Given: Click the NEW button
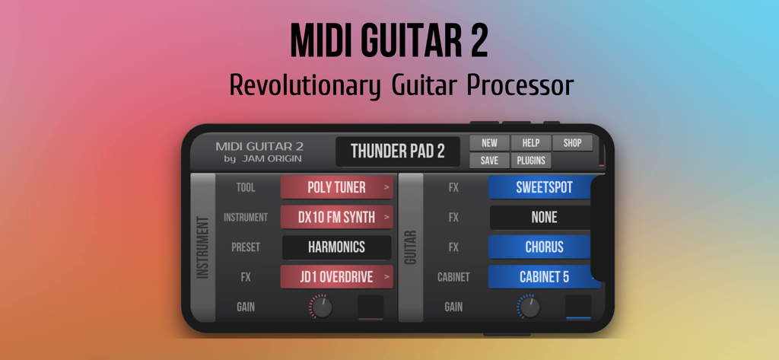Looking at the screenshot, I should click(489, 142).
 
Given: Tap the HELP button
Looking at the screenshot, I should click(530, 142).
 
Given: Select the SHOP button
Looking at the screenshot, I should click(572, 142).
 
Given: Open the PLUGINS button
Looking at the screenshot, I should click(530, 161).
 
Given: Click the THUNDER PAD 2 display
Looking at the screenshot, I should click(397, 151).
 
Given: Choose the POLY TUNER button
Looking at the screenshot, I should click(337, 187).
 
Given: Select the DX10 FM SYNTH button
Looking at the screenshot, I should click(337, 217).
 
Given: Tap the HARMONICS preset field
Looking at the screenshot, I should click(337, 247).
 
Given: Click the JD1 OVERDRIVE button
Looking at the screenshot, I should click(337, 277).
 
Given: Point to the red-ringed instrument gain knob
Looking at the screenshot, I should click(321, 307).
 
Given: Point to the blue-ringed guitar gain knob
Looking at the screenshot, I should click(529, 307).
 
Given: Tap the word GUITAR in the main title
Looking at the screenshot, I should click(404, 42).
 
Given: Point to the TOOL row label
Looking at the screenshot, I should click(246, 187).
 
